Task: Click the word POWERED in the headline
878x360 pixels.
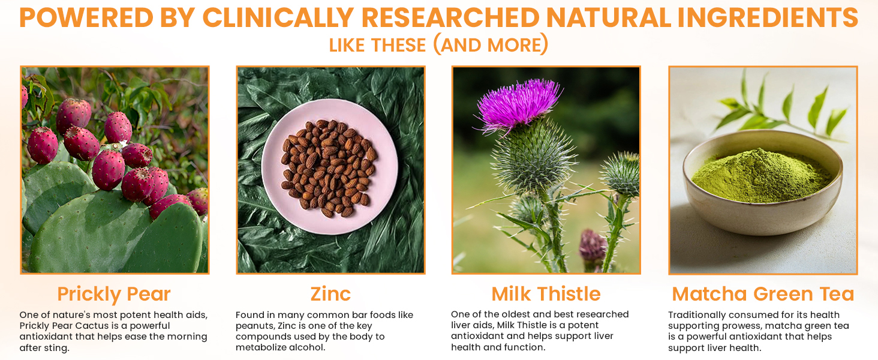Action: (86, 17)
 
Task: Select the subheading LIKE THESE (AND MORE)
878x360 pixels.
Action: (438, 45)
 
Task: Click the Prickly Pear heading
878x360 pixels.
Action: (114, 294)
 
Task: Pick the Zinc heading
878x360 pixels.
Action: (330, 294)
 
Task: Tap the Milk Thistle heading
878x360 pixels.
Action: (546, 294)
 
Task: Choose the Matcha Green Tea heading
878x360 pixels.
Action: (763, 294)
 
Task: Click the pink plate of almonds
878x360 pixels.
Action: (330, 167)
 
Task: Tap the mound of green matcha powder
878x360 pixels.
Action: (761, 176)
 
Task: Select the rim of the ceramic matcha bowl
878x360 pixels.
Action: (762, 135)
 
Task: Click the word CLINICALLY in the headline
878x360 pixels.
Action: (278, 17)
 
